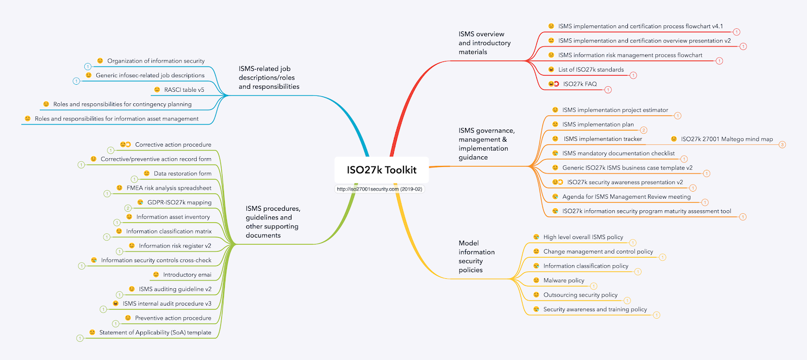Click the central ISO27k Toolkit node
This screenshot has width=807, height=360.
coord(381,170)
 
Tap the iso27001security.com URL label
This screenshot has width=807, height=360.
coord(379,189)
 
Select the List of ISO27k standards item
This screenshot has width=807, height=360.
coord(591,70)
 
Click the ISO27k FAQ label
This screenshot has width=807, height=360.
coord(580,84)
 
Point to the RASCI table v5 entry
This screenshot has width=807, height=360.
coord(184,90)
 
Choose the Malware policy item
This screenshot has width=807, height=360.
coord(563,280)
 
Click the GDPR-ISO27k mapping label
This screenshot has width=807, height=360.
coord(179,202)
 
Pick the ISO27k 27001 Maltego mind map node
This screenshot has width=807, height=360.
coord(726,139)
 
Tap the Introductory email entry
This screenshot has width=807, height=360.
coord(187,275)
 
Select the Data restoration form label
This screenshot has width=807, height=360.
coord(183,173)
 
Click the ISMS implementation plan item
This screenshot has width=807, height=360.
coord(598,125)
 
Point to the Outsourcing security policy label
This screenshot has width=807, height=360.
coord(580,295)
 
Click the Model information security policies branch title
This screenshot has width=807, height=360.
coord(476,257)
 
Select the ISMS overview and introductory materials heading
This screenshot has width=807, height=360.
coord(484,43)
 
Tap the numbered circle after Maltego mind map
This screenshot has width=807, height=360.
coord(782,145)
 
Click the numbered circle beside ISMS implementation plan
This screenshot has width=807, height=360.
coord(644,130)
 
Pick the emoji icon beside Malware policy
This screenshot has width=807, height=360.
coord(536,280)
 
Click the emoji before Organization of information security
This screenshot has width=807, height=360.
coord(100,61)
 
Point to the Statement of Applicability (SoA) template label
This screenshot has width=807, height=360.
coord(155,332)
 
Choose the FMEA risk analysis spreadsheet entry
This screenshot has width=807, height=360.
coord(169,188)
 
